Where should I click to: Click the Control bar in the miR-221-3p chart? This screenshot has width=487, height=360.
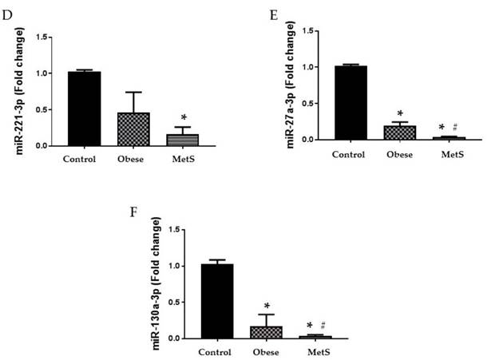click(x=84, y=109)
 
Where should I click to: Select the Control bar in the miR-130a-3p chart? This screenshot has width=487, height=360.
click(x=216, y=300)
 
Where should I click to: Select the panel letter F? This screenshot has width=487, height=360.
click(x=133, y=213)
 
